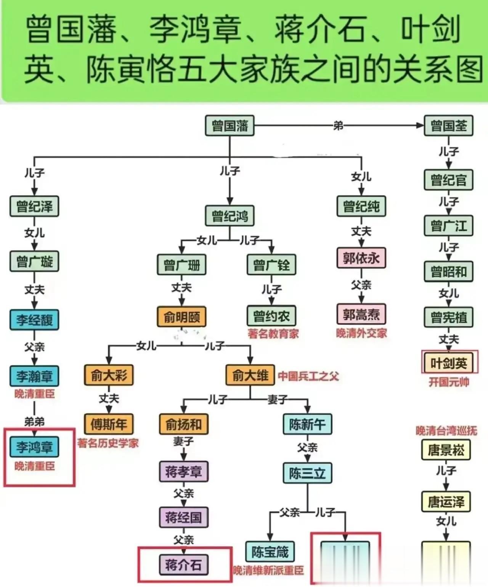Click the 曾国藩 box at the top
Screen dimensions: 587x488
pyautogui.click(x=230, y=125)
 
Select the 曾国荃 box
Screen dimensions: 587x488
pyautogui.click(x=448, y=125)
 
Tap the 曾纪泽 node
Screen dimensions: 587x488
pyautogui.click(x=34, y=206)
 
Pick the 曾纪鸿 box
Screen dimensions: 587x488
pyautogui.click(x=230, y=216)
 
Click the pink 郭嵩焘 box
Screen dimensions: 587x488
pyautogui.click(x=361, y=314)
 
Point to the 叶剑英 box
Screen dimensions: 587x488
pyautogui.click(x=449, y=363)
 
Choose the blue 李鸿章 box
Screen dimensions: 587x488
pyautogui.click(x=34, y=447)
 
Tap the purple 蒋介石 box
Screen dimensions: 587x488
pyautogui.click(x=183, y=564)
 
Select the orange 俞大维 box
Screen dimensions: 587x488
pyautogui.click(x=250, y=375)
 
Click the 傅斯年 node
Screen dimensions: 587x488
pyautogui.click(x=109, y=424)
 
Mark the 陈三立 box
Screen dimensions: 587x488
pyautogui.click(x=307, y=473)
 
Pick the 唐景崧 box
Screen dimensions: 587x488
pyautogui.click(x=446, y=450)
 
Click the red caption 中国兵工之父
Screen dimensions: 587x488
pyautogui.click(x=308, y=376)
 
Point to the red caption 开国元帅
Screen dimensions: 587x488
pyautogui.click(x=449, y=382)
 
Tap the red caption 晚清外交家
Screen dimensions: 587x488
pyautogui.click(x=361, y=333)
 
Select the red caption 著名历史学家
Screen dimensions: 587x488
pyautogui.click(x=108, y=443)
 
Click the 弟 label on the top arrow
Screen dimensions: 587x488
pyautogui.click(x=338, y=125)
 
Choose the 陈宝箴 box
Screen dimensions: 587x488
pyautogui.click(x=270, y=552)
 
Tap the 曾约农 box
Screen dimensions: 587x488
pyautogui.click(x=271, y=316)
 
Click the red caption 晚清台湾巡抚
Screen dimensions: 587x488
pyautogui.click(x=446, y=431)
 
